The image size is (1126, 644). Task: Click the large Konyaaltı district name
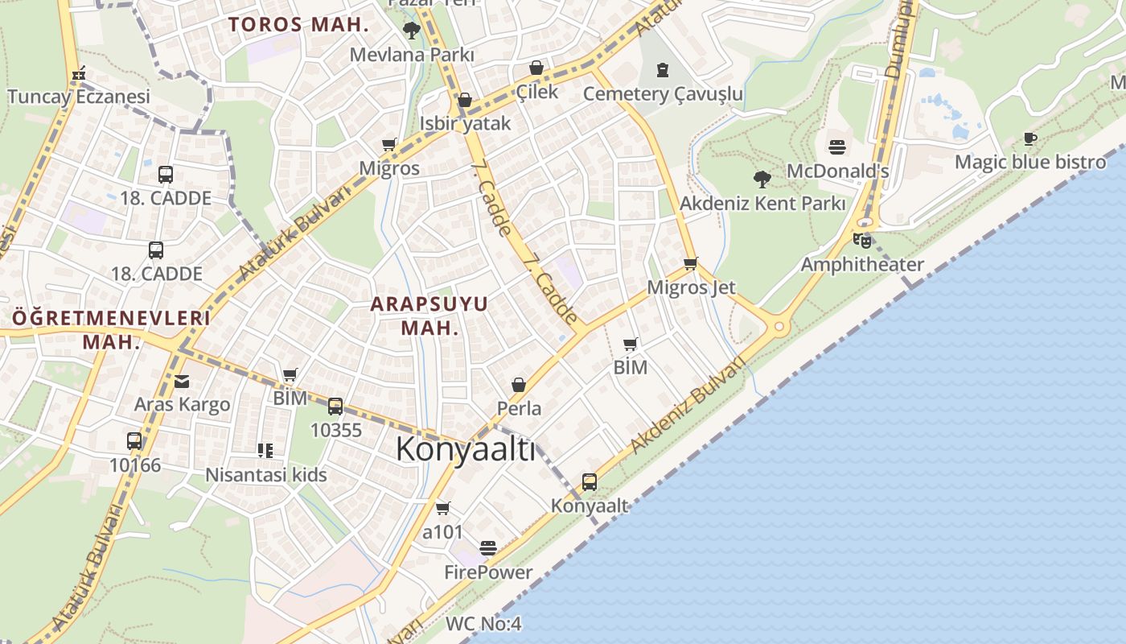[x=465, y=449]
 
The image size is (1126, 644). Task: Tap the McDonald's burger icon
[x=837, y=147]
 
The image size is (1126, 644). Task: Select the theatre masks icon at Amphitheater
[x=861, y=239]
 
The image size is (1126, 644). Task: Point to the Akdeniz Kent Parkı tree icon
[x=762, y=179]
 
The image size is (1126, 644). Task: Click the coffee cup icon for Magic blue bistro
[x=1030, y=138]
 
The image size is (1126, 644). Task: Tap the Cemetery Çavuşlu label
[x=663, y=93]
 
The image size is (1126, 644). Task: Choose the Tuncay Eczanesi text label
[x=79, y=97]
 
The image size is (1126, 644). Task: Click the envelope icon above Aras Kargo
[x=182, y=381]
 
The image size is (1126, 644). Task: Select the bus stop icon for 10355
[x=335, y=407]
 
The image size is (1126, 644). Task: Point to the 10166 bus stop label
[x=135, y=464]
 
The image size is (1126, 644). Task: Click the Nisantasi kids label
[x=266, y=474]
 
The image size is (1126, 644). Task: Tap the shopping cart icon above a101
[x=442, y=508]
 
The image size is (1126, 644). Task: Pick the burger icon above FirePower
[x=488, y=548]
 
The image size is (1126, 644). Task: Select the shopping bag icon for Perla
[x=519, y=385]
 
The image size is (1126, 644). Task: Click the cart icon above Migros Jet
[x=690, y=263]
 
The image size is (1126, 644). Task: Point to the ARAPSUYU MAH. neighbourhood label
[x=429, y=316]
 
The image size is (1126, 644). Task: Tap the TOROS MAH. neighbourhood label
[x=298, y=24]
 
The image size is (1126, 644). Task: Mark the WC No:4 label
[x=483, y=624]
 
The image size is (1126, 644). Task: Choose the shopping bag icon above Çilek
[x=536, y=68]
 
